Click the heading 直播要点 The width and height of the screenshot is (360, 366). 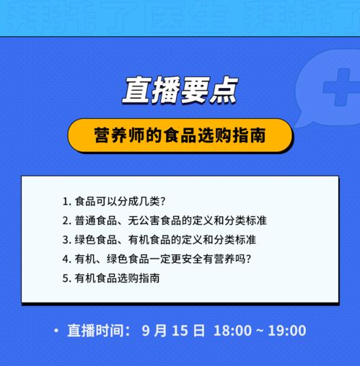(x=179, y=91)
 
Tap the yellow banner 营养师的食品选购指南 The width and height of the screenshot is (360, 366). (x=180, y=135)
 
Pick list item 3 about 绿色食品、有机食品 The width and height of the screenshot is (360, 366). (x=164, y=239)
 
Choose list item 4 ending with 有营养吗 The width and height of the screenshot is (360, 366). (x=167, y=258)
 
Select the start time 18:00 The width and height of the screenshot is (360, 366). (x=232, y=331)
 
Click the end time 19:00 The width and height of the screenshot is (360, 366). (x=287, y=331)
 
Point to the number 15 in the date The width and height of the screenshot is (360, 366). (x=180, y=331)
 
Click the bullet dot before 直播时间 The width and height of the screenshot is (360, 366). (x=56, y=331)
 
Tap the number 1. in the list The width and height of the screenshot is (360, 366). (x=67, y=201)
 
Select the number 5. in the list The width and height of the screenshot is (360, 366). (x=67, y=277)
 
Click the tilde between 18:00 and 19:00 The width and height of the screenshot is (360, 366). (x=260, y=331)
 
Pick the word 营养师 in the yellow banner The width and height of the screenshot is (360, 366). (x=116, y=135)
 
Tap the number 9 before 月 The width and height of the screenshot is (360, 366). (x=146, y=331)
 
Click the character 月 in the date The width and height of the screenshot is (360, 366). (x=161, y=331)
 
